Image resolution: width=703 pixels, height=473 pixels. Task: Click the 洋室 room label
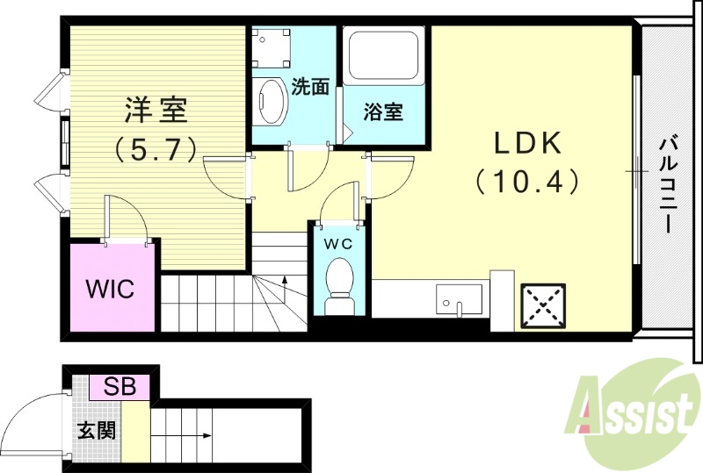point(156,112)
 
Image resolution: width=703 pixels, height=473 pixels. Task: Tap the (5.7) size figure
point(155,149)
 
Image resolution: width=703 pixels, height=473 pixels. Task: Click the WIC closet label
point(109,289)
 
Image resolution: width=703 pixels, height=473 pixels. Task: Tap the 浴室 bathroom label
point(384,112)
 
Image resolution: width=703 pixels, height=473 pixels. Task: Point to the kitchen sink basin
point(458,297)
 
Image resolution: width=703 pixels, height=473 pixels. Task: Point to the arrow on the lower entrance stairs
point(195,434)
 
